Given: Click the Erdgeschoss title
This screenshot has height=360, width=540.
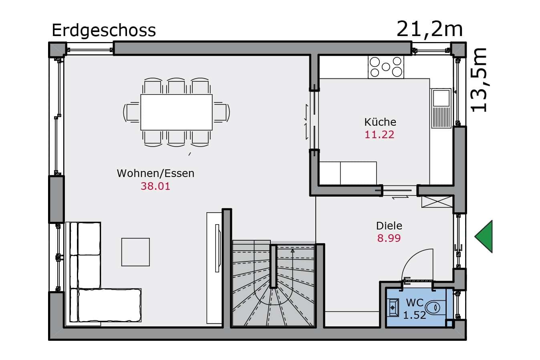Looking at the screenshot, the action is [104, 31].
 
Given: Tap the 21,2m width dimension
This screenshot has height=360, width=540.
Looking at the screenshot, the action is [429, 29].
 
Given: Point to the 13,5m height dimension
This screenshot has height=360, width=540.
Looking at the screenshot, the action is [478, 80].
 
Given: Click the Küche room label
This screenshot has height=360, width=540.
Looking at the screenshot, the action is [380, 122].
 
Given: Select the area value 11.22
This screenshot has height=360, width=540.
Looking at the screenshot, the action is [379, 135].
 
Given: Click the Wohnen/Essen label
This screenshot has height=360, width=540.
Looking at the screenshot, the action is [155, 173].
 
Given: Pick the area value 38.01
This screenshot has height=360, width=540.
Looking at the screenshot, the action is [155, 186].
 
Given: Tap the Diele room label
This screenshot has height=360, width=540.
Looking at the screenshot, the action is [389, 226].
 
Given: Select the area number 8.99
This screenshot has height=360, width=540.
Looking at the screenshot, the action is [389, 238].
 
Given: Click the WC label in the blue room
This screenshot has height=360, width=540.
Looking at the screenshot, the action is [415, 303].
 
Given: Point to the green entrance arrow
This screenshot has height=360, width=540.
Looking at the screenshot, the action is [484, 236].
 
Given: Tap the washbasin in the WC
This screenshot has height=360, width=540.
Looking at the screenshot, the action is [393, 308].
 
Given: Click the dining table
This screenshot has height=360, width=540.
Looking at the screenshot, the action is [177, 112].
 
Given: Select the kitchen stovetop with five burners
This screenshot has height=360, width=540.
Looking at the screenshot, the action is [386, 67].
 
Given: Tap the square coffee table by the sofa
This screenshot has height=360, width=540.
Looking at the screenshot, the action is [135, 252].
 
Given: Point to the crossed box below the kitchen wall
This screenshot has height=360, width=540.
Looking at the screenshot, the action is [437, 202].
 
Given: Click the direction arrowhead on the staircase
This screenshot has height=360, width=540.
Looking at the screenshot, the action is [292, 251].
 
